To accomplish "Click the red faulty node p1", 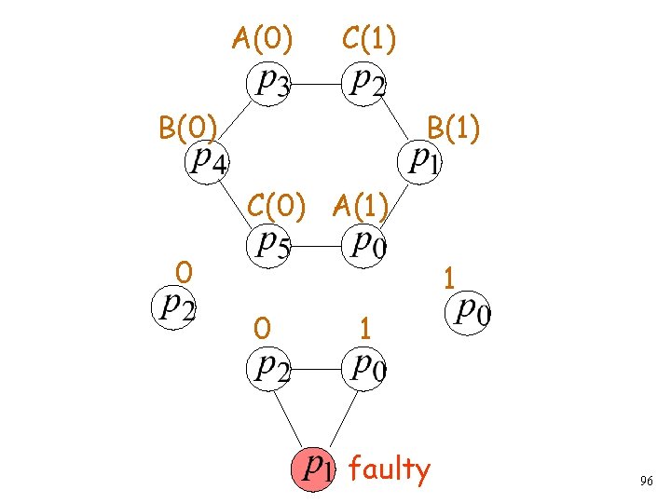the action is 316,468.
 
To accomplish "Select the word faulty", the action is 390,469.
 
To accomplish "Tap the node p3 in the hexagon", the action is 272,84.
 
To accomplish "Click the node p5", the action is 272,245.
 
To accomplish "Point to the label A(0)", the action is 262,39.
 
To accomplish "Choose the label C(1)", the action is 369,39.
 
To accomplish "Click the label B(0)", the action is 188,127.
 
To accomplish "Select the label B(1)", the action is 453,127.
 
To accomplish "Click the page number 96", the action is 646,482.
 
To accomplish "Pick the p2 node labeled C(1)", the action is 367,84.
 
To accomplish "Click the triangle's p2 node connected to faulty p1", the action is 271,367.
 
